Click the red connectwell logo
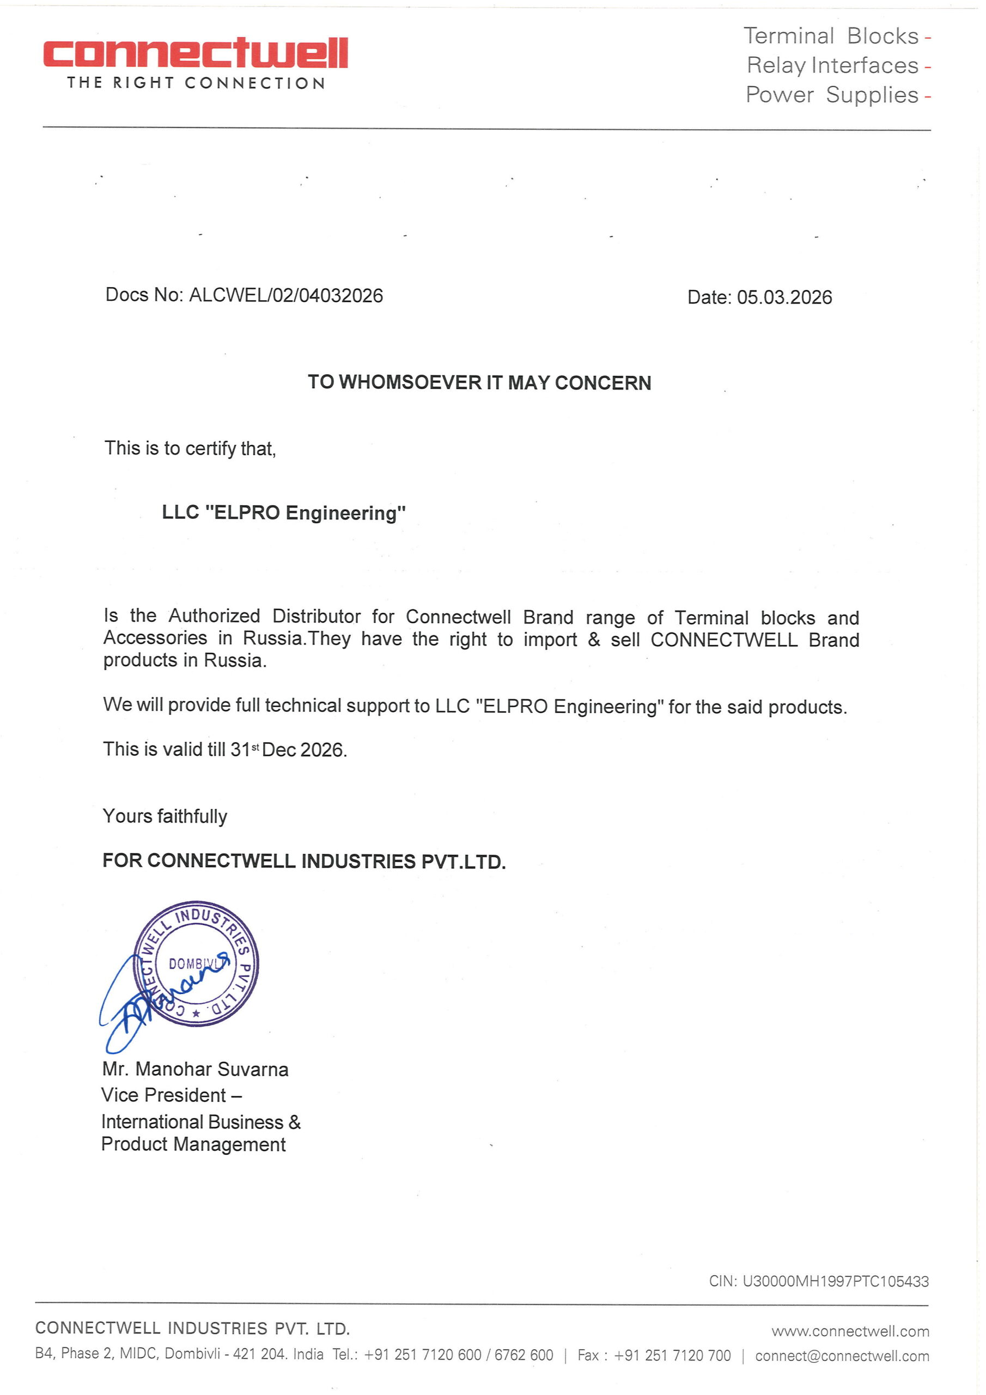[195, 53]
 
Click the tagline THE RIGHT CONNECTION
[196, 83]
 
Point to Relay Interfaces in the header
[832, 65]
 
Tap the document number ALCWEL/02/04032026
[285, 295]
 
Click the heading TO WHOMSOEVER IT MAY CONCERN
[479, 382]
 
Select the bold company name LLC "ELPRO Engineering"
[284, 512]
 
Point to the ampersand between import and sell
[594, 639]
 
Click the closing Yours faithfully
[165, 815]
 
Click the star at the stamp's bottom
[196, 1013]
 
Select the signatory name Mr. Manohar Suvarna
[195, 1069]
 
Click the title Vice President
[164, 1095]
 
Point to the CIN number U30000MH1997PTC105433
[835, 1281]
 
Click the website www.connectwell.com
[850, 1331]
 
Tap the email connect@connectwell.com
[842, 1356]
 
